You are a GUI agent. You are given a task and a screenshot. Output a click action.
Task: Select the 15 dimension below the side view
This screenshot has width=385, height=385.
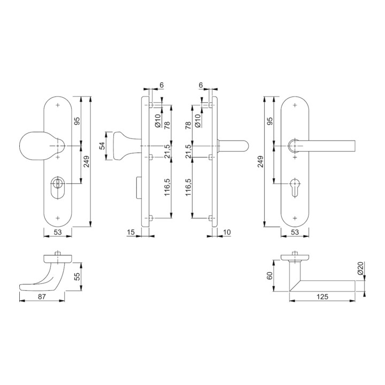pos(131,232)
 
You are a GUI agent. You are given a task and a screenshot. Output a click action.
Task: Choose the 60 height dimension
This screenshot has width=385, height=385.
pos(269,275)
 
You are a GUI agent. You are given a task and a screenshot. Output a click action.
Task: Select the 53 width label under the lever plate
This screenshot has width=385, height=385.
pos(295,232)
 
